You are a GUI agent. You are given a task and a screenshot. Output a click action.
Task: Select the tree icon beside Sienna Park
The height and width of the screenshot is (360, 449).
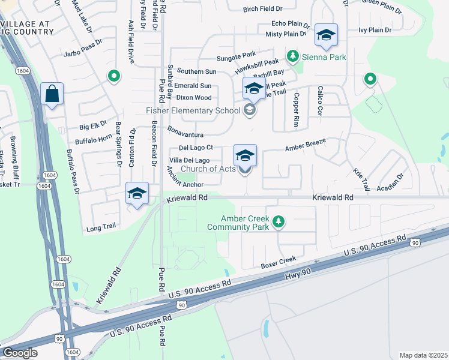(x=293, y=56)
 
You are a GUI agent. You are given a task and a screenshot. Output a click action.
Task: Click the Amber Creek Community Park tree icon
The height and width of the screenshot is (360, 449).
(x=278, y=222)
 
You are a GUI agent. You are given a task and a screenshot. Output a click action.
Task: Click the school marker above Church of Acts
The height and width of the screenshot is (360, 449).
(x=245, y=155)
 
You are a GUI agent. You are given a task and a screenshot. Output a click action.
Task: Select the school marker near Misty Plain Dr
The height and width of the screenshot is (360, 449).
(x=326, y=35)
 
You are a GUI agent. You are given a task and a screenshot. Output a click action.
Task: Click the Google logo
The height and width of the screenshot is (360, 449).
(x=20, y=353)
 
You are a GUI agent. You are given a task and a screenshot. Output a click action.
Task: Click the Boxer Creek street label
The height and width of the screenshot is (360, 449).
(x=279, y=262)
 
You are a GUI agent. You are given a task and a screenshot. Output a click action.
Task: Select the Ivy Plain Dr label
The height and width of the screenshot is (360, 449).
(x=375, y=29)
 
